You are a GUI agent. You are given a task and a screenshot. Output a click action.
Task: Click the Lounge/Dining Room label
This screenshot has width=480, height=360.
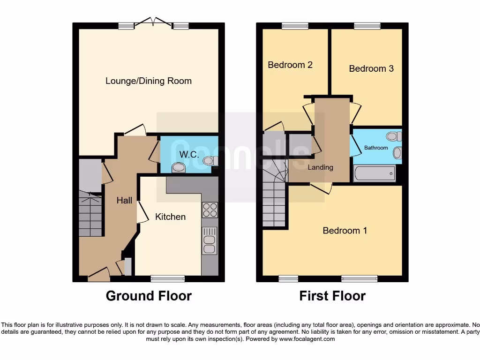click(x=148, y=81)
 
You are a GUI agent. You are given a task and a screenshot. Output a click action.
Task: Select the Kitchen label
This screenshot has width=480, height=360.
click(x=170, y=217)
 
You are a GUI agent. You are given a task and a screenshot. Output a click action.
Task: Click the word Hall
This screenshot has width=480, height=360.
click(x=124, y=201)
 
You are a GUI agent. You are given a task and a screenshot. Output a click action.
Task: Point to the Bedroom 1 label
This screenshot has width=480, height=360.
click(x=345, y=231)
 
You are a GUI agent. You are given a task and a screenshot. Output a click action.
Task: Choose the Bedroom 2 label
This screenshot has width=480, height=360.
click(x=290, y=65)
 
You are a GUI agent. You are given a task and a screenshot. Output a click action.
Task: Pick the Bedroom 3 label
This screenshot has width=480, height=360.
click(x=371, y=69)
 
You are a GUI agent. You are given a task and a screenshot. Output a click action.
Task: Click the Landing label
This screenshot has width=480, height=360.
click(x=320, y=167)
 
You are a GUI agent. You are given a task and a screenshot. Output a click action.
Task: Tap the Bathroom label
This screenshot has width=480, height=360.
click(x=376, y=148)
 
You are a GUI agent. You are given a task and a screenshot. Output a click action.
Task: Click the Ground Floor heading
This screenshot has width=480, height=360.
click(x=149, y=296)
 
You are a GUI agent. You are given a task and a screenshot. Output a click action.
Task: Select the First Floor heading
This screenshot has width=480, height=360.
click(x=332, y=296)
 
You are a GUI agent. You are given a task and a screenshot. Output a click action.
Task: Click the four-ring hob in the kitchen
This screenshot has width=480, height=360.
click(x=210, y=210)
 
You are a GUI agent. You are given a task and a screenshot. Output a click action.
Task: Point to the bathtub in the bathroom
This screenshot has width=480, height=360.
click(x=375, y=174)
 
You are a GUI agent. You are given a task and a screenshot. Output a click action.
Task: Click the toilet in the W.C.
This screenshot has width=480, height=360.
click(x=179, y=168)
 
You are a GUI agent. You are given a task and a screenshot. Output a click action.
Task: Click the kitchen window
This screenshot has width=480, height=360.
click(x=167, y=279)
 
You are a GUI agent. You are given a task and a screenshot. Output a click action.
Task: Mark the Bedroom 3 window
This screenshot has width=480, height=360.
click(x=367, y=26)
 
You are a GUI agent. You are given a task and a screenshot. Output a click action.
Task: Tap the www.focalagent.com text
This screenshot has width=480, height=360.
click(x=307, y=339)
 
